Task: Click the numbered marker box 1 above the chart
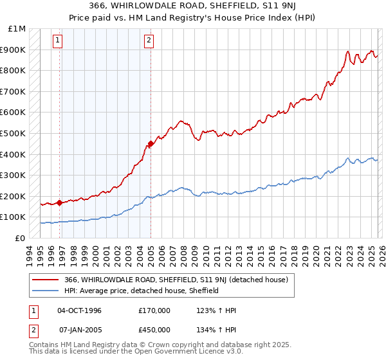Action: point(58,40)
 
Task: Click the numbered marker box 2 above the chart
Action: point(149,40)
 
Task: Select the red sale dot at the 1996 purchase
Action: point(60,203)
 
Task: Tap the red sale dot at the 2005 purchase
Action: point(151,143)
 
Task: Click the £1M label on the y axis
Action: point(17,28)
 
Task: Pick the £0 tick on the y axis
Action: point(21,238)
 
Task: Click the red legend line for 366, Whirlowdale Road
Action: point(47,280)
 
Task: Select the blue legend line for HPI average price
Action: point(47,291)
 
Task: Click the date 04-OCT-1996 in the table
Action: point(79,310)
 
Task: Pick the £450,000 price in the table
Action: point(154,330)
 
